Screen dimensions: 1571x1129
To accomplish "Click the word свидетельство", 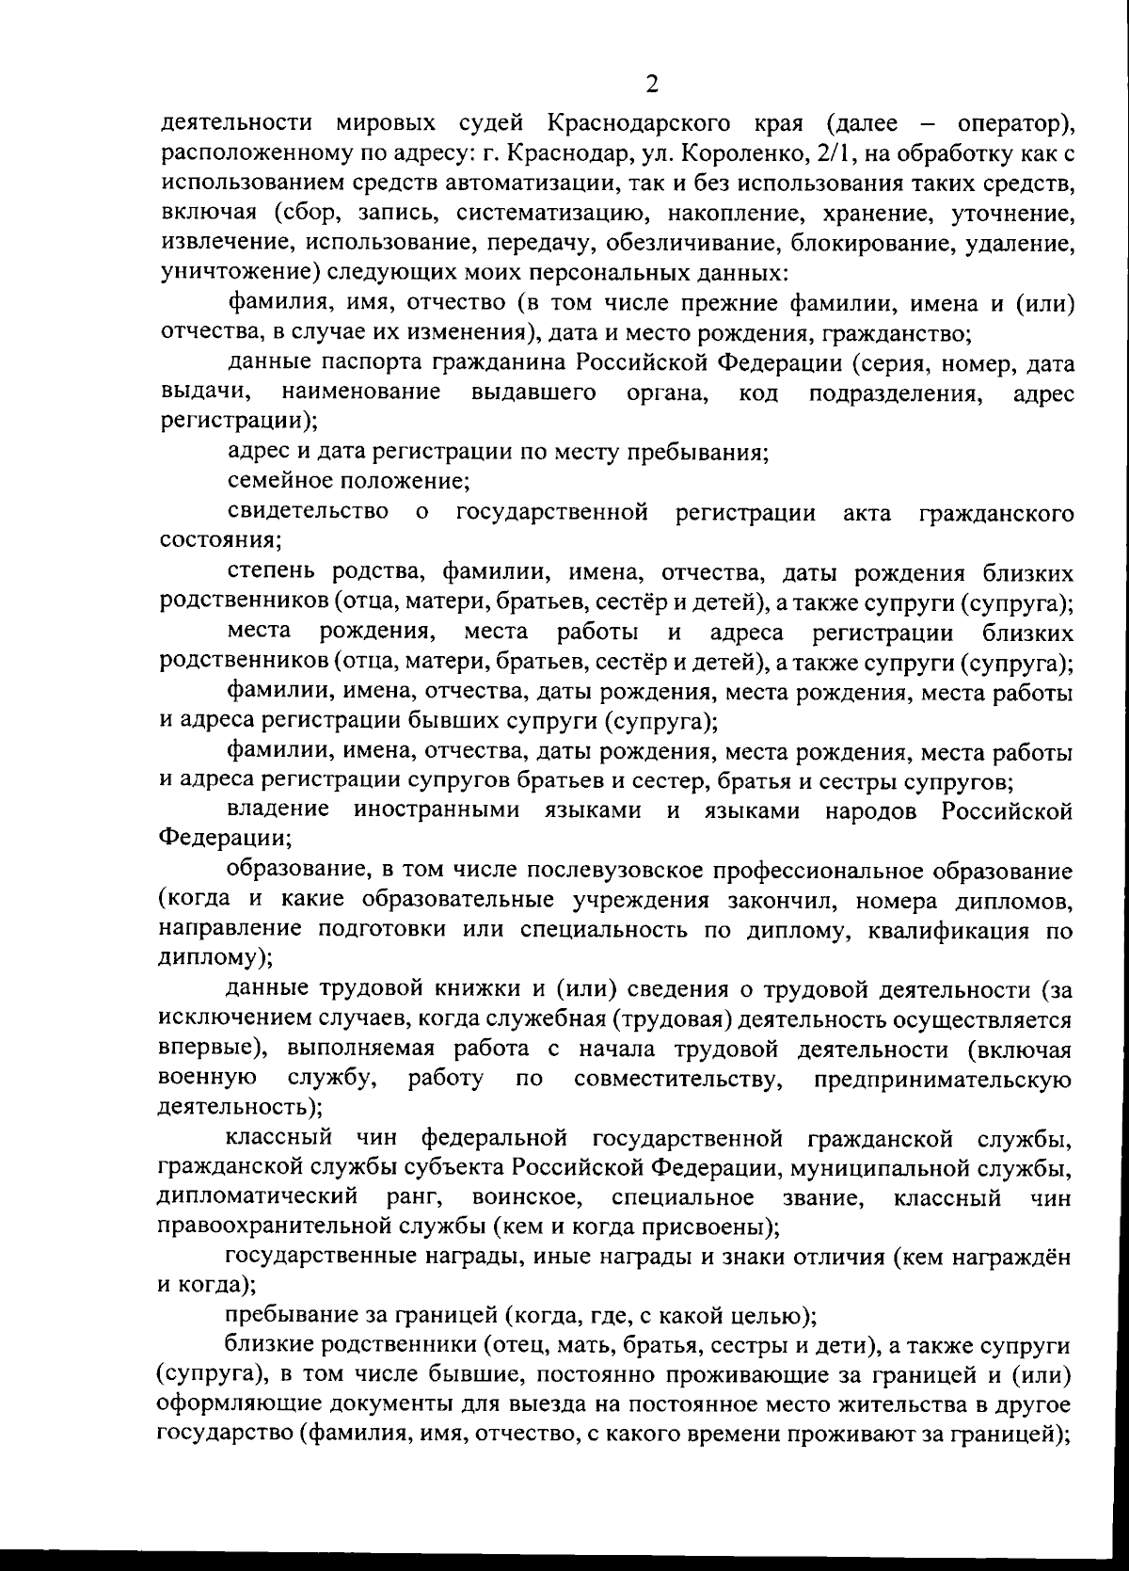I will click(308, 512).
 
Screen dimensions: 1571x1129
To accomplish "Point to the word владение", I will click(278, 810).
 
